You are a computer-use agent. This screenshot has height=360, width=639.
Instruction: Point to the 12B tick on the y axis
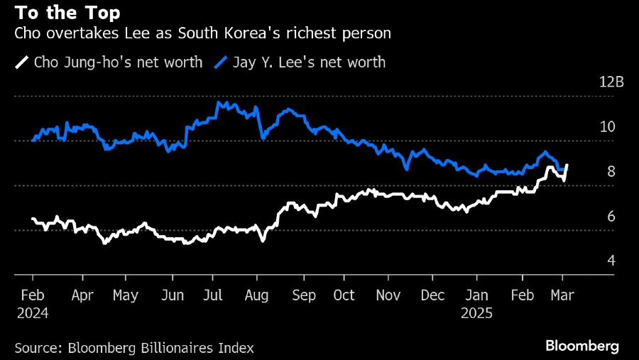pyautogui.click(x=611, y=82)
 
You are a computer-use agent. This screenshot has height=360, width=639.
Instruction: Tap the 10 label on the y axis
pyautogui.click(x=607, y=126)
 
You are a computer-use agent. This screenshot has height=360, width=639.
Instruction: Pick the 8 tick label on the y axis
pyautogui.click(x=611, y=171)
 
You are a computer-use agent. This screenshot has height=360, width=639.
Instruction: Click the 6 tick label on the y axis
pyautogui.click(x=611, y=216)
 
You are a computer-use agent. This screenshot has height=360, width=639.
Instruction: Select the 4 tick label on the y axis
pyautogui.click(x=611, y=261)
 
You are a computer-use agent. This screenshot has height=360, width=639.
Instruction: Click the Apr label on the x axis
pyautogui.click(x=84, y=295)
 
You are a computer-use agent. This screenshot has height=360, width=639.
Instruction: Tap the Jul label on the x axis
pyautogui.click(x=214, y=295)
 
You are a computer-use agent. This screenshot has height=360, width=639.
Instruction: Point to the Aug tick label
pyautogui.click(x=256, y=295)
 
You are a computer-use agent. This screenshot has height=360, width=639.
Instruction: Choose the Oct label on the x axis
pyautogui.click(x=344, y=295)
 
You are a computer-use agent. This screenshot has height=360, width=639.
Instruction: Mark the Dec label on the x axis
pyautogui.click(x=432, y=295)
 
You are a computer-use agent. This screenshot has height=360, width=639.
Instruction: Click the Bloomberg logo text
pyautogui.click(x=581, y=347)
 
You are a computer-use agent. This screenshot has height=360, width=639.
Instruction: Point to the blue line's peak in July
pyautogui.click(x=219, y=103)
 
